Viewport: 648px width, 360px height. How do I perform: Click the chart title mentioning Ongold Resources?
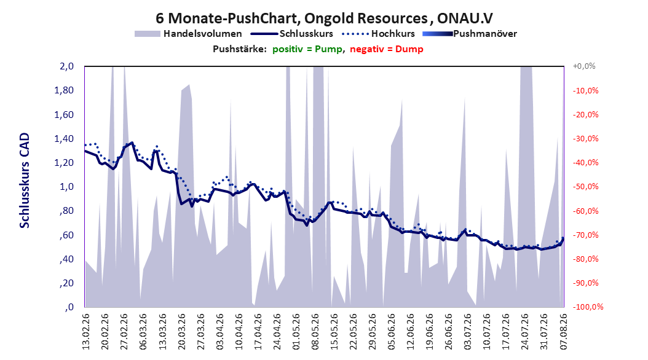point(324,18)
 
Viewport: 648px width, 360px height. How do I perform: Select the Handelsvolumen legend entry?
point(189,34)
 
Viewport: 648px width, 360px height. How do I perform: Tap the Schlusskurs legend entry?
point(292,34)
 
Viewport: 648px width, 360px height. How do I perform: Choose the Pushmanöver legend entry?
point(470,34)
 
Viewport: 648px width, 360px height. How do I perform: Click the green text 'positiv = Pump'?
point(307,49)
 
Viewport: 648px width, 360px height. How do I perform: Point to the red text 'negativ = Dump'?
point(387,49)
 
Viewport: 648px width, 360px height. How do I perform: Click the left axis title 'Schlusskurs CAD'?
point(25,181)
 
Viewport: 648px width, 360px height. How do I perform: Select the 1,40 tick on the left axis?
point(64,139)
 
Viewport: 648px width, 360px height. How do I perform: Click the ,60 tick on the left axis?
point(66,235)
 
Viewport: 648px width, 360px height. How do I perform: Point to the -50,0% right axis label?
point(585,187)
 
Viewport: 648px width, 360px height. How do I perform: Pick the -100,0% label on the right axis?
point(588,307)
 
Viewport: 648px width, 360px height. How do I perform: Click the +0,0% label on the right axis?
point(584,66)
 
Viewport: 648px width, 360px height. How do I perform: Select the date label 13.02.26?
point(85,332)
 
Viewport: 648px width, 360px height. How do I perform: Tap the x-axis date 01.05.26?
point(296,332)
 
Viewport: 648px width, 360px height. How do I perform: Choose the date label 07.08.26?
point(563,332)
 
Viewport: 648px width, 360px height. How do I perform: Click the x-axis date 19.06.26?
point(430,332)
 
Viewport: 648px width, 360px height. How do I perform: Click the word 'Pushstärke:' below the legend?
point(240,49)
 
